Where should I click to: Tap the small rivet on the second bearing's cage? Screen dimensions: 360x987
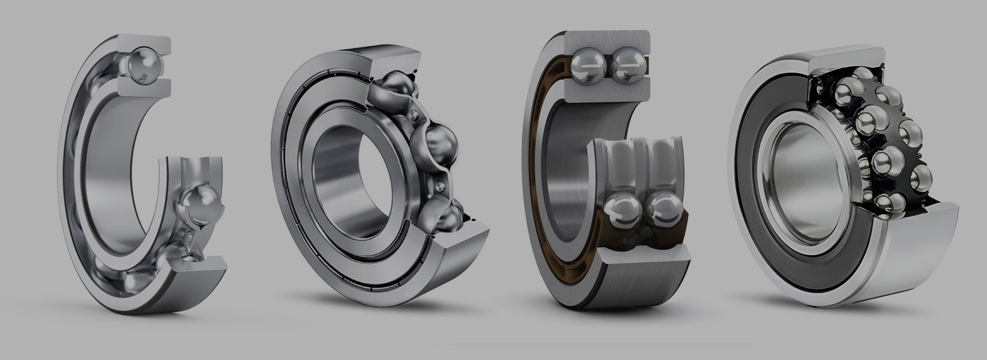pos(414,114)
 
